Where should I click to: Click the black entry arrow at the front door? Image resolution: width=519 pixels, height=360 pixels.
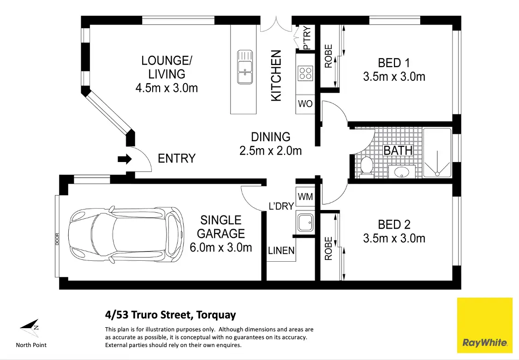point(125,159)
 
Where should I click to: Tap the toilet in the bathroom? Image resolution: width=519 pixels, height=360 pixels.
point(366,165)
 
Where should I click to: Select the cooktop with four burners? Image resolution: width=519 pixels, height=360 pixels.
point(305,73)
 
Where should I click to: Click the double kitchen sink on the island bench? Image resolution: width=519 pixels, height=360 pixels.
point(245,67)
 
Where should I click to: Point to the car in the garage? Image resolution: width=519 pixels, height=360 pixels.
point(126,235)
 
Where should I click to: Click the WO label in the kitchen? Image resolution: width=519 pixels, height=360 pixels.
point(305,104)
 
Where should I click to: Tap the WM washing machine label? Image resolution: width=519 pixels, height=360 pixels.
point(305,197)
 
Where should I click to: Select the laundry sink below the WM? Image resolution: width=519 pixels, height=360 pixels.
point(305,222)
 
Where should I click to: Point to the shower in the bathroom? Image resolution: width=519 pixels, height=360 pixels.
point(437,153)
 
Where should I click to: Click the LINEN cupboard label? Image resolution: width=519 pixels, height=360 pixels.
point(281,251)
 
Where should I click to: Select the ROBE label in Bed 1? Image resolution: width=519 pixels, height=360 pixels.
point(328,56)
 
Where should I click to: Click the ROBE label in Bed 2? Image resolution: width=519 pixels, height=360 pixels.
point(328,248)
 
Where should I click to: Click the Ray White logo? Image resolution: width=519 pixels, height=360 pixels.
point(484,325)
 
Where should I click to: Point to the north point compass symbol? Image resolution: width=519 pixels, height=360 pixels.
point(30,326)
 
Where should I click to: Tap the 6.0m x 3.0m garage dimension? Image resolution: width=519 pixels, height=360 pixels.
point(221,248)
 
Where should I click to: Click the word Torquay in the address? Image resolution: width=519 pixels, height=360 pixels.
point(216,315)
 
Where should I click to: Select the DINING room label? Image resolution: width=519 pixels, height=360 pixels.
point(271,137)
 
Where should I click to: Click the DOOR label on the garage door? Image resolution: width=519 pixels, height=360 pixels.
point(57,239)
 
